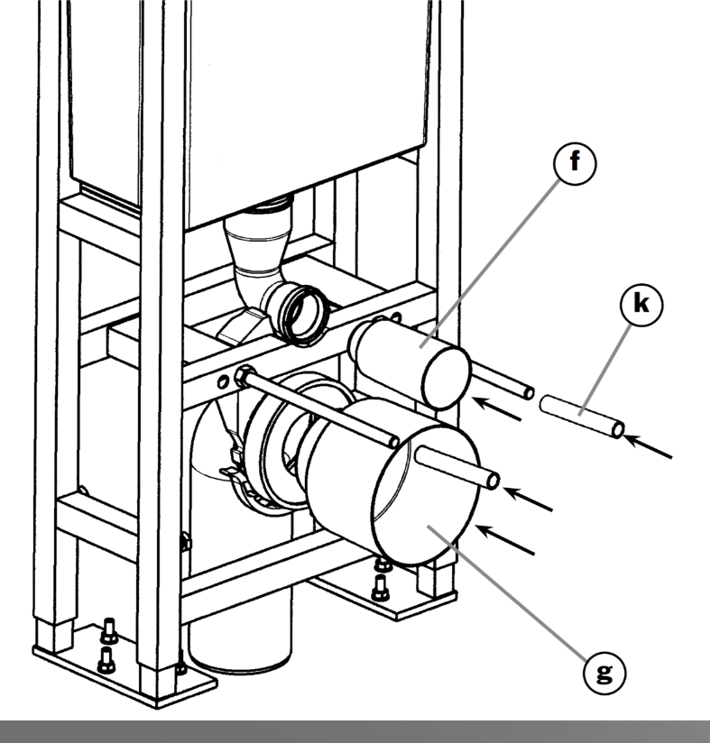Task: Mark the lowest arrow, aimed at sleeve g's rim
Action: click(505, 540)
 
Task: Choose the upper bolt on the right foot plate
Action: click(384, 563)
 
